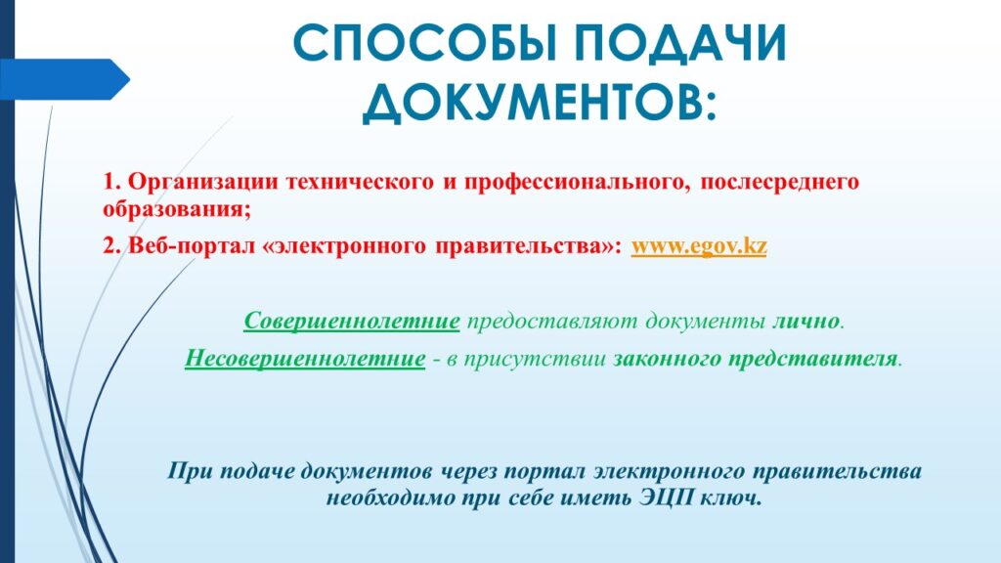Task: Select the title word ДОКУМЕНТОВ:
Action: (x=540, y=102)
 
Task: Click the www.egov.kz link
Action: (x=699, y=246)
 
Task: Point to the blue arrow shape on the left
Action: (x=65, y=79)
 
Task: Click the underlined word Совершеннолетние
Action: (x=352, y=321)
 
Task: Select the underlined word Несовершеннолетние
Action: (x=305, y=359)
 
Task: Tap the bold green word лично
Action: (x=805, y=321)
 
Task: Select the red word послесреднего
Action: (x=779, y=183)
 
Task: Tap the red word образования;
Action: (x=177, y=210)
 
